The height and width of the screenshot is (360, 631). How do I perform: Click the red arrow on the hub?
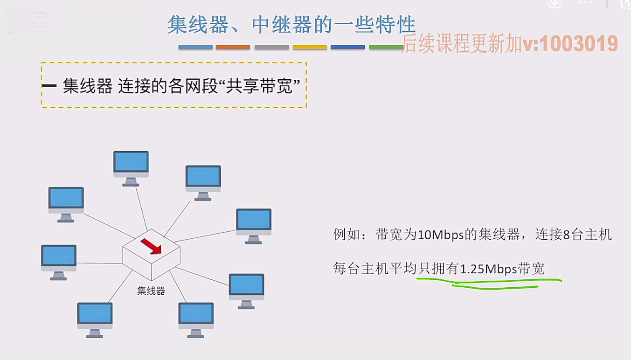[151, 246]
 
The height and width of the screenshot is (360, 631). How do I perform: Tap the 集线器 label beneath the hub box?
[151, 291]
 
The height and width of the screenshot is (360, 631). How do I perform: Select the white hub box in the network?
[151, 255]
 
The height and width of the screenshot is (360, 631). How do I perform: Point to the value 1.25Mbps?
[488, 269]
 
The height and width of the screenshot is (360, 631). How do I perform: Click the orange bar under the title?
[233, 47]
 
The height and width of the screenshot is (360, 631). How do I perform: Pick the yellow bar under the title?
[310, 47]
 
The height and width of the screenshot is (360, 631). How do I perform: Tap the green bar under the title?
[386, 47]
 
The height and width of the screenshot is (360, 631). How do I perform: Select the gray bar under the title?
[271, 47]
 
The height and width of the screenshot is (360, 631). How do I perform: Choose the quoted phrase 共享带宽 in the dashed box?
[259, 86]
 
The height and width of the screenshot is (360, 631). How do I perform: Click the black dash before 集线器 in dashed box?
[49, 86]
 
